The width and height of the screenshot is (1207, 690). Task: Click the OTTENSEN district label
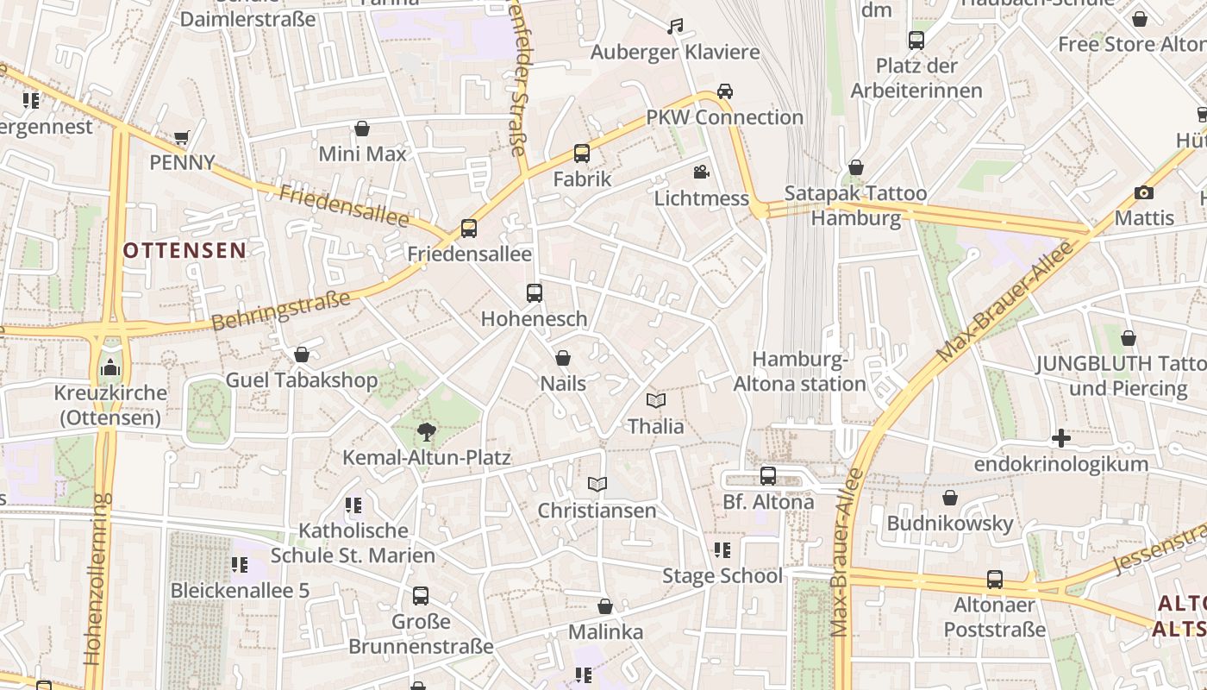(x=184, y=250)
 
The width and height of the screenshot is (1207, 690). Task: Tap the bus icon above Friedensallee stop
(x=469, y=229)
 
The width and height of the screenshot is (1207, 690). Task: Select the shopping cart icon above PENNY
(x=181, y=137)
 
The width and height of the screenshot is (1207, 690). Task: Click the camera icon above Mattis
(x=1144, y=192)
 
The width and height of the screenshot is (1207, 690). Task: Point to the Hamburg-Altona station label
(x=799, y=372)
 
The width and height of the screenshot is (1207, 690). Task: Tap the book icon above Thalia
(x=656, y=401)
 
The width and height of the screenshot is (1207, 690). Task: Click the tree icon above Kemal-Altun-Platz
(x=426, y=431)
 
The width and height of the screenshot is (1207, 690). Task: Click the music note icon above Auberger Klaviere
(x=675, y=27)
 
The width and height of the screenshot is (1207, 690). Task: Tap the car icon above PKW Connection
(x=725, y=91)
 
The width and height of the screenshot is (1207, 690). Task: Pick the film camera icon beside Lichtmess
(x=702, y=172)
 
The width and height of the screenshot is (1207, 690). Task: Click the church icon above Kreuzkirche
(x=110, y=368)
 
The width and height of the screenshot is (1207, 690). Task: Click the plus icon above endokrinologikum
(x=1061, y=439)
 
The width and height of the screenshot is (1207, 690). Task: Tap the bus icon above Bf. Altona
(x=768, y=476)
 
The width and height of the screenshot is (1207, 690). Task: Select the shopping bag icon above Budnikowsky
(x=949, y=498)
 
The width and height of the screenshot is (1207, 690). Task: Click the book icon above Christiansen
(x=597, y=485)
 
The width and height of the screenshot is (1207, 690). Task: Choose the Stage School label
(x=722, y=575)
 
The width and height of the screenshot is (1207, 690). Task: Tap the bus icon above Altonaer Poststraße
(x=995, y=580)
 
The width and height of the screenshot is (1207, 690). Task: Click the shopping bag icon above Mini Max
(x=362, y=129)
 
